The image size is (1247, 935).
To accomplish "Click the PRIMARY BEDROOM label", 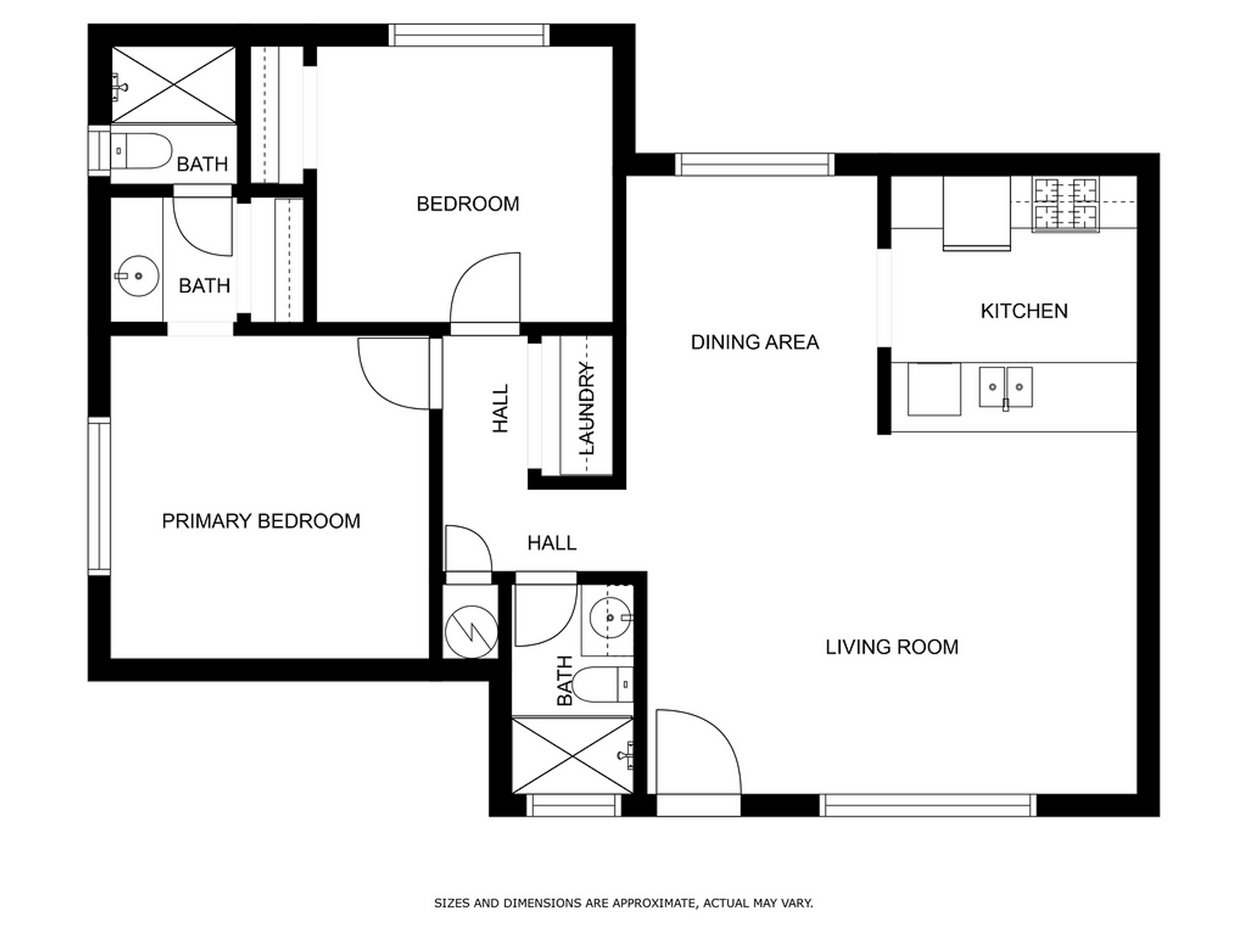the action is [260, 521].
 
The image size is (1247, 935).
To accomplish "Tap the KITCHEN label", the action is [1024, 311].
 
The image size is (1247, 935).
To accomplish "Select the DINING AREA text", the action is [755, 342].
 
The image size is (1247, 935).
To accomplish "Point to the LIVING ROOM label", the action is [892, 647].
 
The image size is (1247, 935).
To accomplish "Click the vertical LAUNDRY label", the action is [586, 409].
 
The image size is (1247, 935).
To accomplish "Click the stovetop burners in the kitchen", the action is [1065, 205].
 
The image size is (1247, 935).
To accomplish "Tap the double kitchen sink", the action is [1005, 387].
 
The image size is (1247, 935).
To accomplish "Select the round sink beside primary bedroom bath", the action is [137, 276].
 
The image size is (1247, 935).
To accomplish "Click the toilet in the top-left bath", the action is [141, 151].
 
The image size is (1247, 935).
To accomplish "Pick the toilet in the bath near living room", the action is [603, 684].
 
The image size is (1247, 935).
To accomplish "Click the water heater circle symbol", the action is [471, 630].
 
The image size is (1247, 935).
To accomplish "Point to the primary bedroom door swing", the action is [393, 373].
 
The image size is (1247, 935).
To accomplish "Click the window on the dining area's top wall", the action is [755, 164].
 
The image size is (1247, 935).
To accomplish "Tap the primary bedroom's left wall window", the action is [99, 497].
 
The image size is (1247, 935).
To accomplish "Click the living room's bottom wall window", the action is [928, 805].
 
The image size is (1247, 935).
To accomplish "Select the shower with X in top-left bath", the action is [173, 84].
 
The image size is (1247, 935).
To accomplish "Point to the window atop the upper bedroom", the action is [469, 35].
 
